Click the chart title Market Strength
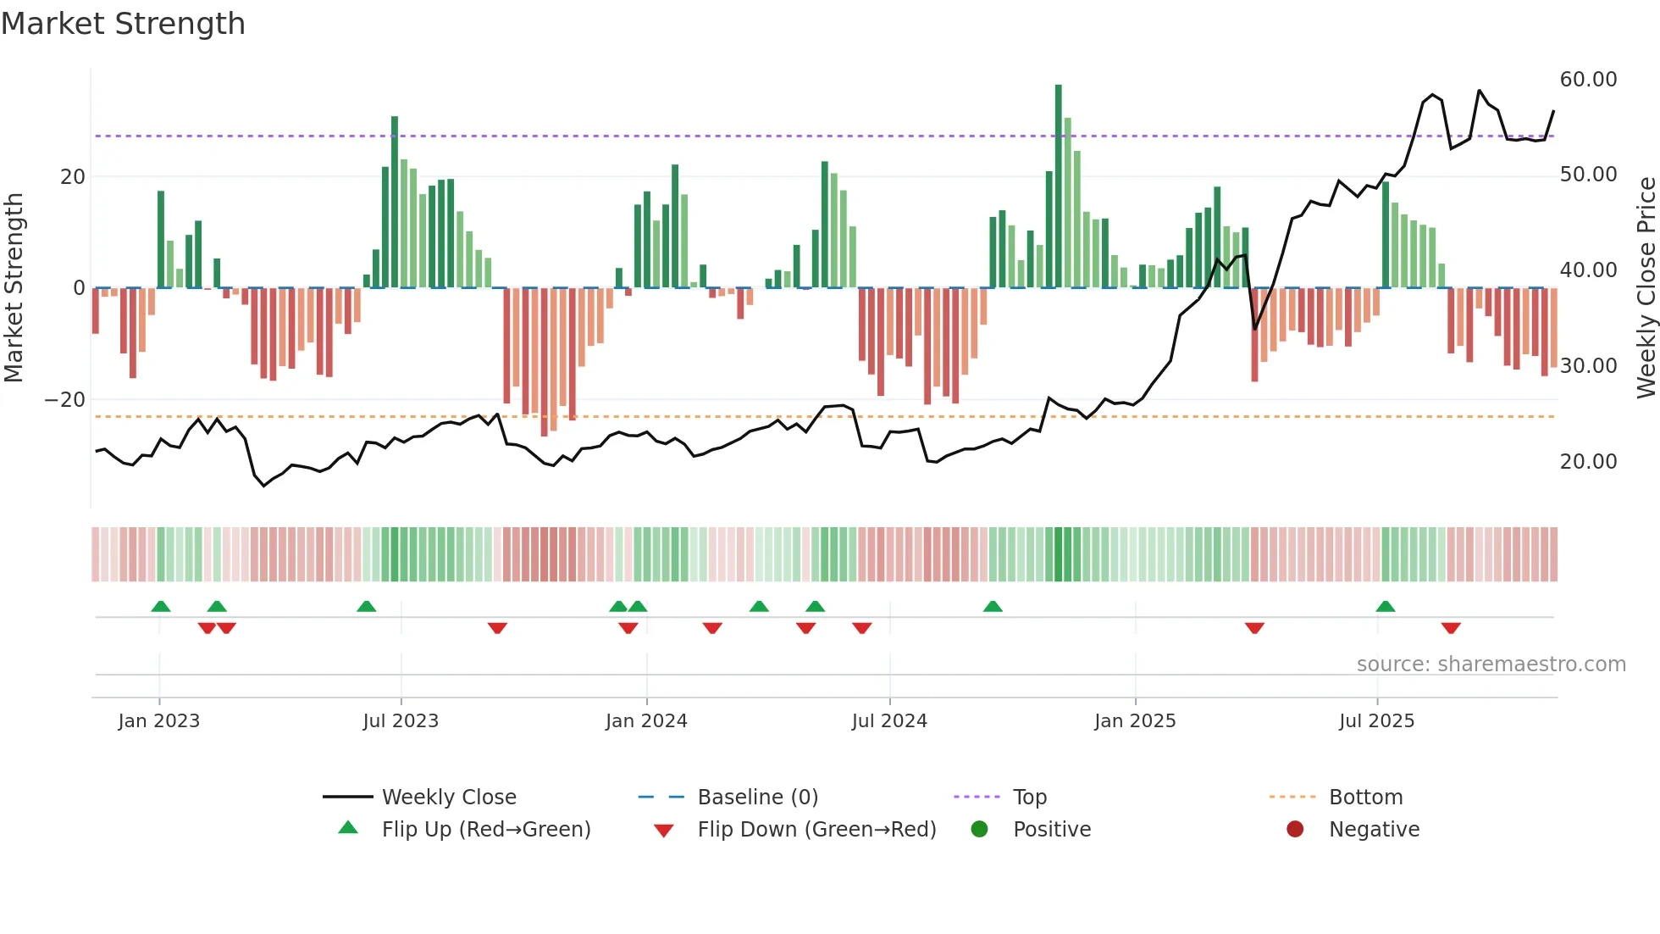[123, 24]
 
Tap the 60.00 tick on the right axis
[1588, 80]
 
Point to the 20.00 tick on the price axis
[1588, 462]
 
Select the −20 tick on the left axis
[65, 400]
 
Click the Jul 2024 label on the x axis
[889, 721]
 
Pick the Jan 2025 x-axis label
[1135, 721]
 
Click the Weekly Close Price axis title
[1646, 288]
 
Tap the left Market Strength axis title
[14, 288]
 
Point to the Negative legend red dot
[1295, 830]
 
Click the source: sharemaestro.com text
[1491, 664]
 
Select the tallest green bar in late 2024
[1058, 186]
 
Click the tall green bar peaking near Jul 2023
[395, 203]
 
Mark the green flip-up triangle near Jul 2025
[1386, 607]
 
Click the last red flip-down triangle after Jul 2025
[1451, 628]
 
